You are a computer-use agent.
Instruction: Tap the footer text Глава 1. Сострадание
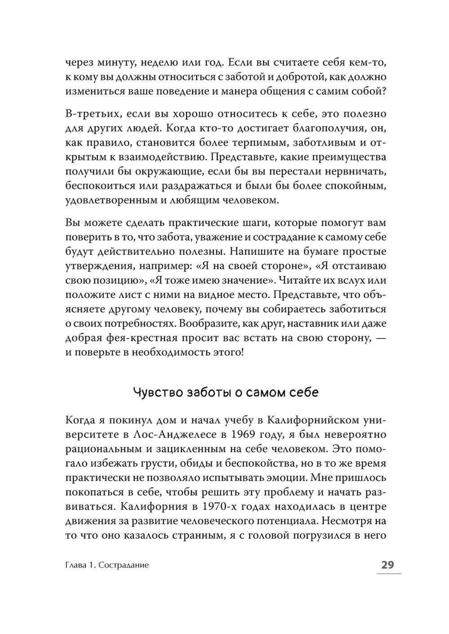(107, 565)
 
